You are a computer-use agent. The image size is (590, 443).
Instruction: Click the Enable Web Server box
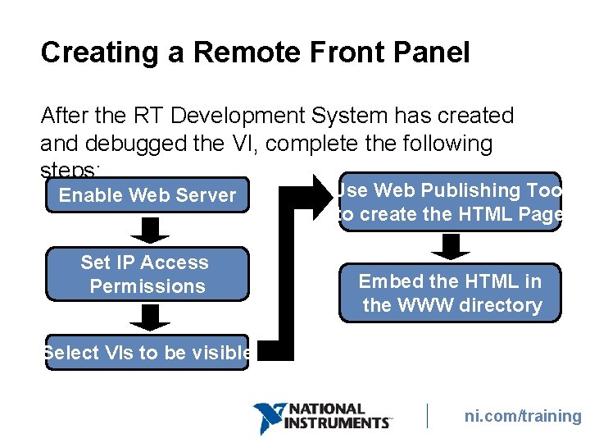pyautogui.click(x=147, y=195)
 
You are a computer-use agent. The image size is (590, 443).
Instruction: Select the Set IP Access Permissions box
pyautogui.click(x=147, y=274)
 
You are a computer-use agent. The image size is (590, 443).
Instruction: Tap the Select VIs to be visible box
pyautogui.click(x=147, y=353)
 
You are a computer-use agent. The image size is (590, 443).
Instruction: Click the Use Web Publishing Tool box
pyautogui.click(x=450, y=202)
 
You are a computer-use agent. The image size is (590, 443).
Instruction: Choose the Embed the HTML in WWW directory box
pyautogui.click(x=450, y=293)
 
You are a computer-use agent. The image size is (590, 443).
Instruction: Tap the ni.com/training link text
pyautogui.click(x=523, y=416)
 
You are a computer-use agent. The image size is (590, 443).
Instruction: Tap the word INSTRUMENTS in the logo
pyautogui.click(x=336, y=422)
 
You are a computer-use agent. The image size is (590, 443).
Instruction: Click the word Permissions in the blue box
pyautogui.click(x=147, y=286)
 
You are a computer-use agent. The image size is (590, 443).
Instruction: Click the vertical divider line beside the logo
pyautogui.click(x=428, y=415)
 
